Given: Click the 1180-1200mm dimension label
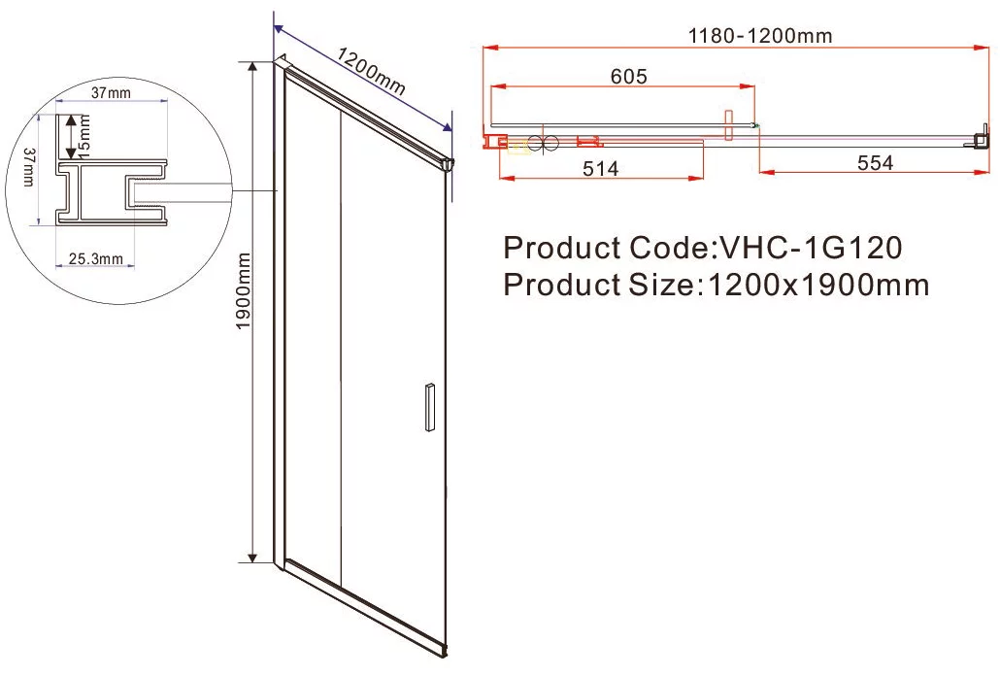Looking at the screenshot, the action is (760, 35).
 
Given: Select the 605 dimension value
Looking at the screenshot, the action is (629, 77).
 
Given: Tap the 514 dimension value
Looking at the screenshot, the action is (601, 168).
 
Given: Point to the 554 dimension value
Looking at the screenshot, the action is (875, 163).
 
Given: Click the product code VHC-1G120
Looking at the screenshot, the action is (811, 248).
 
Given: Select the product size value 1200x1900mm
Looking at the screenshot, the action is (818, 285).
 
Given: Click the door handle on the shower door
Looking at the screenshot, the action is (430, 408).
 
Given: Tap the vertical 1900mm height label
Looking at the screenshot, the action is (243, 290).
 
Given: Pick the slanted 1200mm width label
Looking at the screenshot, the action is (371, 71).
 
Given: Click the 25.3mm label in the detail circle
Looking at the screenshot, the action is (96, 259).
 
